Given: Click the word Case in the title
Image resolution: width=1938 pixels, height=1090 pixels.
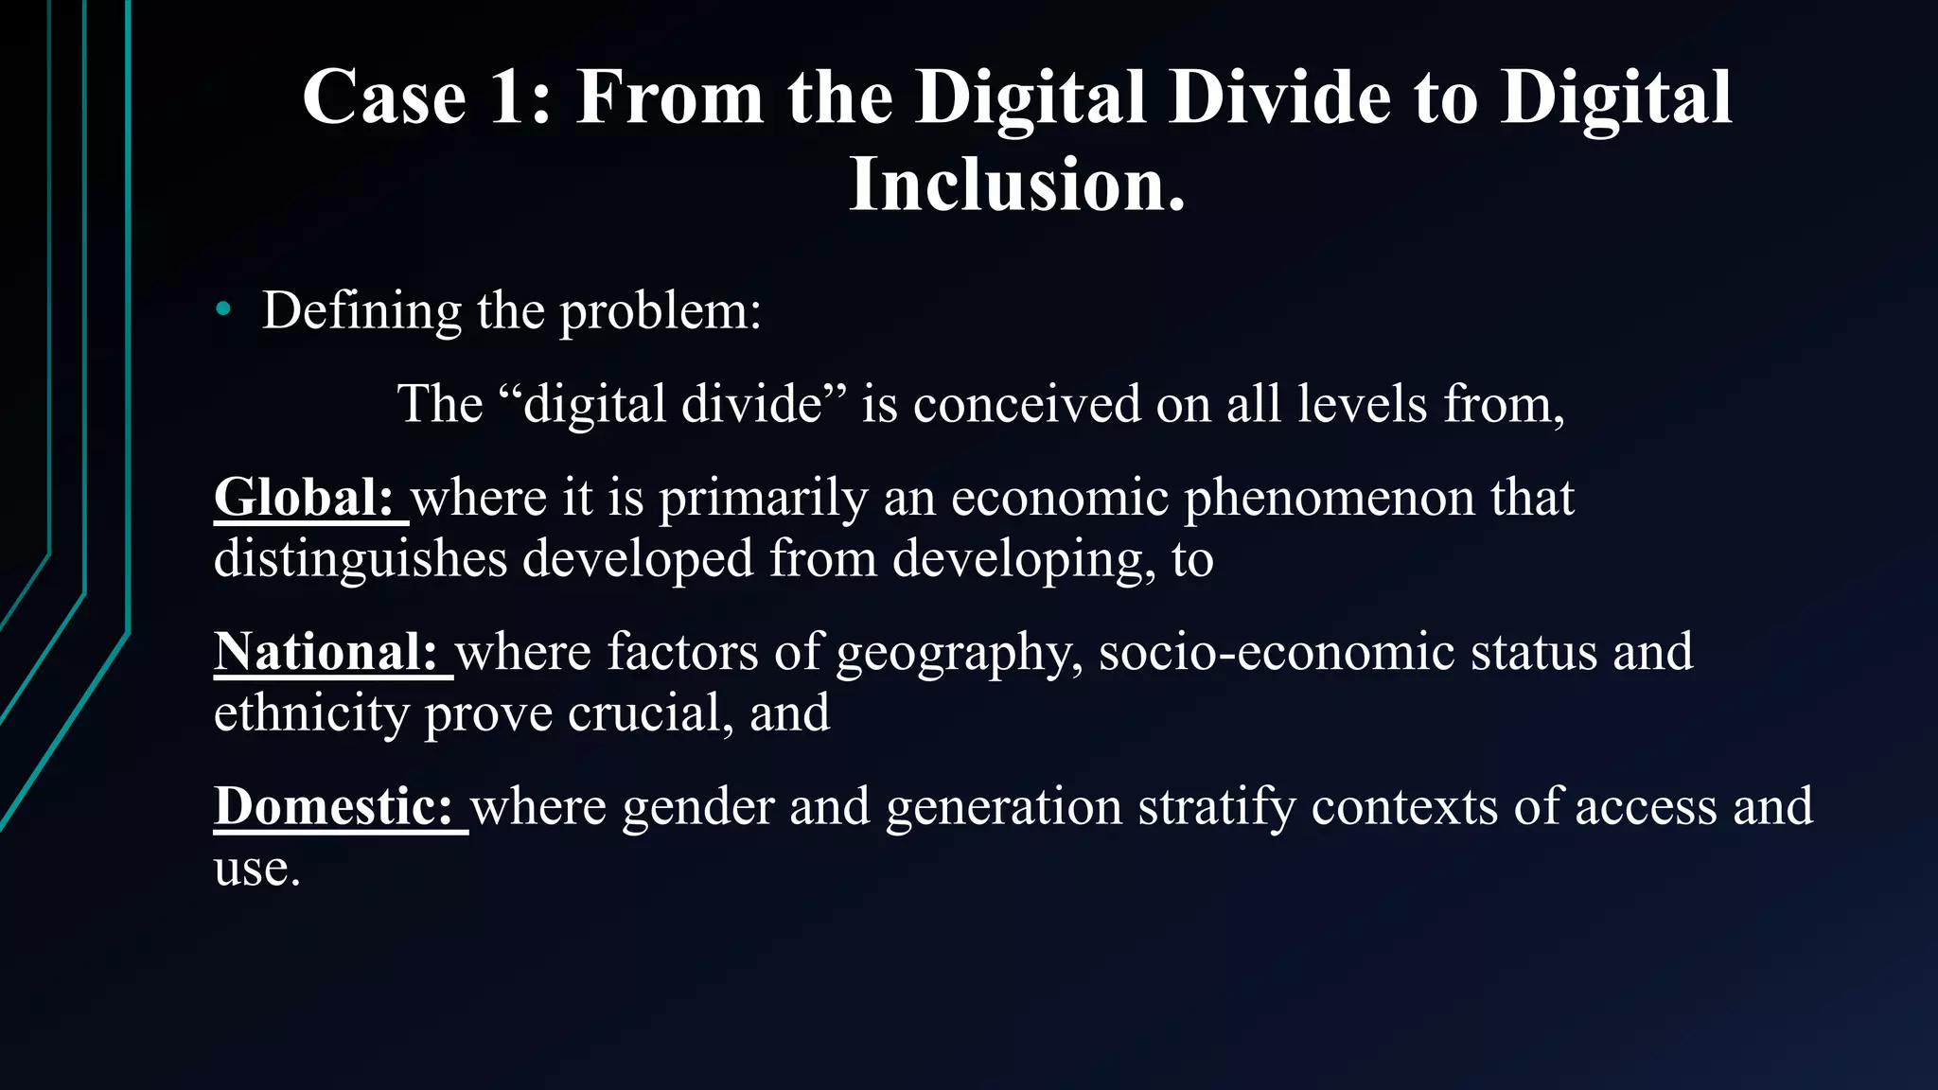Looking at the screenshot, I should click(x=384, y=97).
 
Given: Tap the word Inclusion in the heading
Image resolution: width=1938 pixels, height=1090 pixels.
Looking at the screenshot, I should click(x=1016, y=185).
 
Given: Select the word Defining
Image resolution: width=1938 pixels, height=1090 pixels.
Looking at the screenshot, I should click(x=361, y=311).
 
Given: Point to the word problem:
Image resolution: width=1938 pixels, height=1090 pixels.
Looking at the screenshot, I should click(x=661, y=311).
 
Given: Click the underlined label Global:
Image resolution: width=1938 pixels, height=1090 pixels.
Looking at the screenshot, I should click(x=304, y=498).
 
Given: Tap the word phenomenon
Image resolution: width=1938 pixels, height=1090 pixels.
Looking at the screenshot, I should click(x=1330, y=499).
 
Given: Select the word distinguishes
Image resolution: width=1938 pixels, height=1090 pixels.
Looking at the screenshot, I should click(x=361, y=558).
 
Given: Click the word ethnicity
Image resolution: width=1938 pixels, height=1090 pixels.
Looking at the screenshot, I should click(x=311, y=712).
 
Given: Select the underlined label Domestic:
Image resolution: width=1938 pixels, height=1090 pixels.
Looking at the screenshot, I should click(x=334, y=807).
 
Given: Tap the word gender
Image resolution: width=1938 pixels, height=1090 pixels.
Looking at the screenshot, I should click(x=697, y=807).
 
